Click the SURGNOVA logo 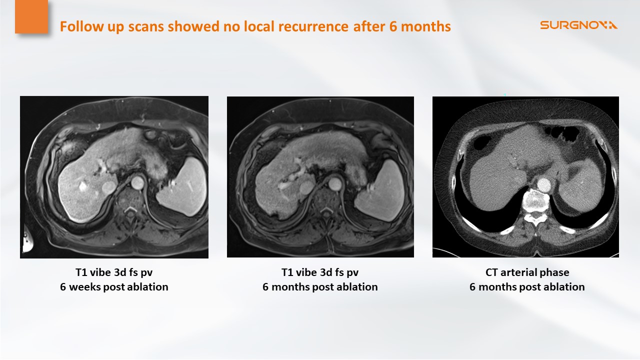click(x=578, y=25)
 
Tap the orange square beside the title click(x=31, y=16)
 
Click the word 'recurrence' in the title click(x=313, y=26)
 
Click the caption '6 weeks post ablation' click(x=114, y=286)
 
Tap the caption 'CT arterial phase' click(x=527, y=272)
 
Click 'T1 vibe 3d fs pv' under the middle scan click(x=320, y=272)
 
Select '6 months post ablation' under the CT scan click(x=527, y=286)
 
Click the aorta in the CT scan click(x=543, y=185)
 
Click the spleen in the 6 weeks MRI click(x=182, y=187)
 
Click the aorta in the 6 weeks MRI click(x=137, y=182)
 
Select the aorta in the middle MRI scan click(x=335, y=184)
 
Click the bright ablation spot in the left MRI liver click(x=83, y=186)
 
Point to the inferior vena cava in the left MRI click(x=108, y=187)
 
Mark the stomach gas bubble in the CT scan click(x=562, y=133)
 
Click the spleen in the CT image click(x=581, y=183)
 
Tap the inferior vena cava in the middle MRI click(x=306, y=187)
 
